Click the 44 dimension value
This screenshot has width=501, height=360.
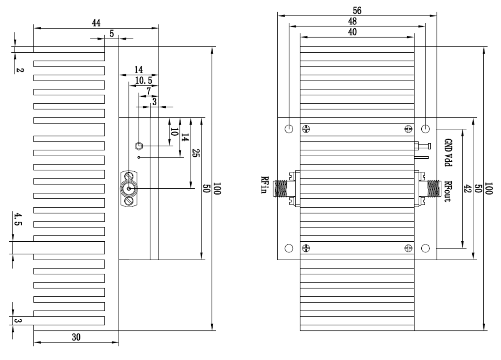point(96,23)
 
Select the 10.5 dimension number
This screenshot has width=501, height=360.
point(144,80)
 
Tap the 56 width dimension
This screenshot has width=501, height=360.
point(357,11)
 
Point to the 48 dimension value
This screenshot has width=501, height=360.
point(352,21)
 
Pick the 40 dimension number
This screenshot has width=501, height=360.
point(352,32)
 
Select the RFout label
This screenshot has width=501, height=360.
point(448,192)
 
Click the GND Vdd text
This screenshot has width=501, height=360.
point(448,152)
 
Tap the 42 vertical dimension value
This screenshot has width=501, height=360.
point(467,189)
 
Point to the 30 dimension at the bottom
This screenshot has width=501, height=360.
point(76,337)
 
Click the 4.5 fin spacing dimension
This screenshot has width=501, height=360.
point(18,219)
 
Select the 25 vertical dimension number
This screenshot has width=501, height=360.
point(196,153)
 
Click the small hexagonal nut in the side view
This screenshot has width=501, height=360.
point(139,146)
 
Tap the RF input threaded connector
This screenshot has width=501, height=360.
point(281,189)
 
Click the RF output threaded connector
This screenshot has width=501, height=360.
point(434,189)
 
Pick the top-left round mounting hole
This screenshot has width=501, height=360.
point(289,129)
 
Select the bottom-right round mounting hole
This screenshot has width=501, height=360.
point(425,248)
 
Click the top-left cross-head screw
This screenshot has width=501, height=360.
point(306,129)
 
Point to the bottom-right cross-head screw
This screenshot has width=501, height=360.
point(408,248)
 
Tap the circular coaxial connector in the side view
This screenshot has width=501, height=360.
point(129,189)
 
